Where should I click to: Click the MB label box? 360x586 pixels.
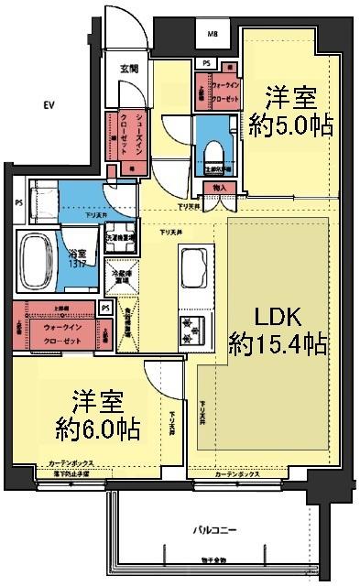(x=213, y=35)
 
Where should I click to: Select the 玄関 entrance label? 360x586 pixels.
(x=127, y=69)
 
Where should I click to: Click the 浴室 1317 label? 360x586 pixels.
(x=77, y=260)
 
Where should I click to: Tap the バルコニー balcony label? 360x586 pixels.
(x=216, y=530)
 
